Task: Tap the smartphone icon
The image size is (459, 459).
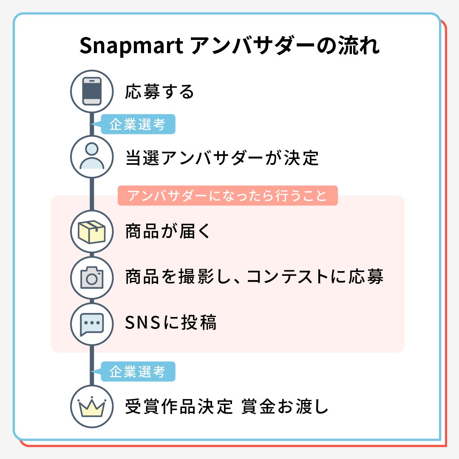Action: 92,91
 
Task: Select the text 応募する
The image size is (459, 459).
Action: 159,92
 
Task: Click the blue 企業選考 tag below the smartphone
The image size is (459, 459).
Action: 138,125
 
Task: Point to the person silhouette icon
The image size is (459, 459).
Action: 92,156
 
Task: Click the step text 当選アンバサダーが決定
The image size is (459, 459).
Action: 222,158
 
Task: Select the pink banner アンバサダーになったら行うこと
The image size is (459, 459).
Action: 227,196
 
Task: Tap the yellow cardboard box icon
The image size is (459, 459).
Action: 92,232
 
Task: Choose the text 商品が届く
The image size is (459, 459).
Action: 168,232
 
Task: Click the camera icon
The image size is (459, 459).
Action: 92,278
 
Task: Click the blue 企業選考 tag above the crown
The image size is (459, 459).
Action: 138,372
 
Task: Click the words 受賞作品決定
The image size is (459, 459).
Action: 179,407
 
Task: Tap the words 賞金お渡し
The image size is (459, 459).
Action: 285,407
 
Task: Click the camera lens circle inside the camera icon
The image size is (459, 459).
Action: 92,279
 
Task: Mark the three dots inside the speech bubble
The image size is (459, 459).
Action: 92,322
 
